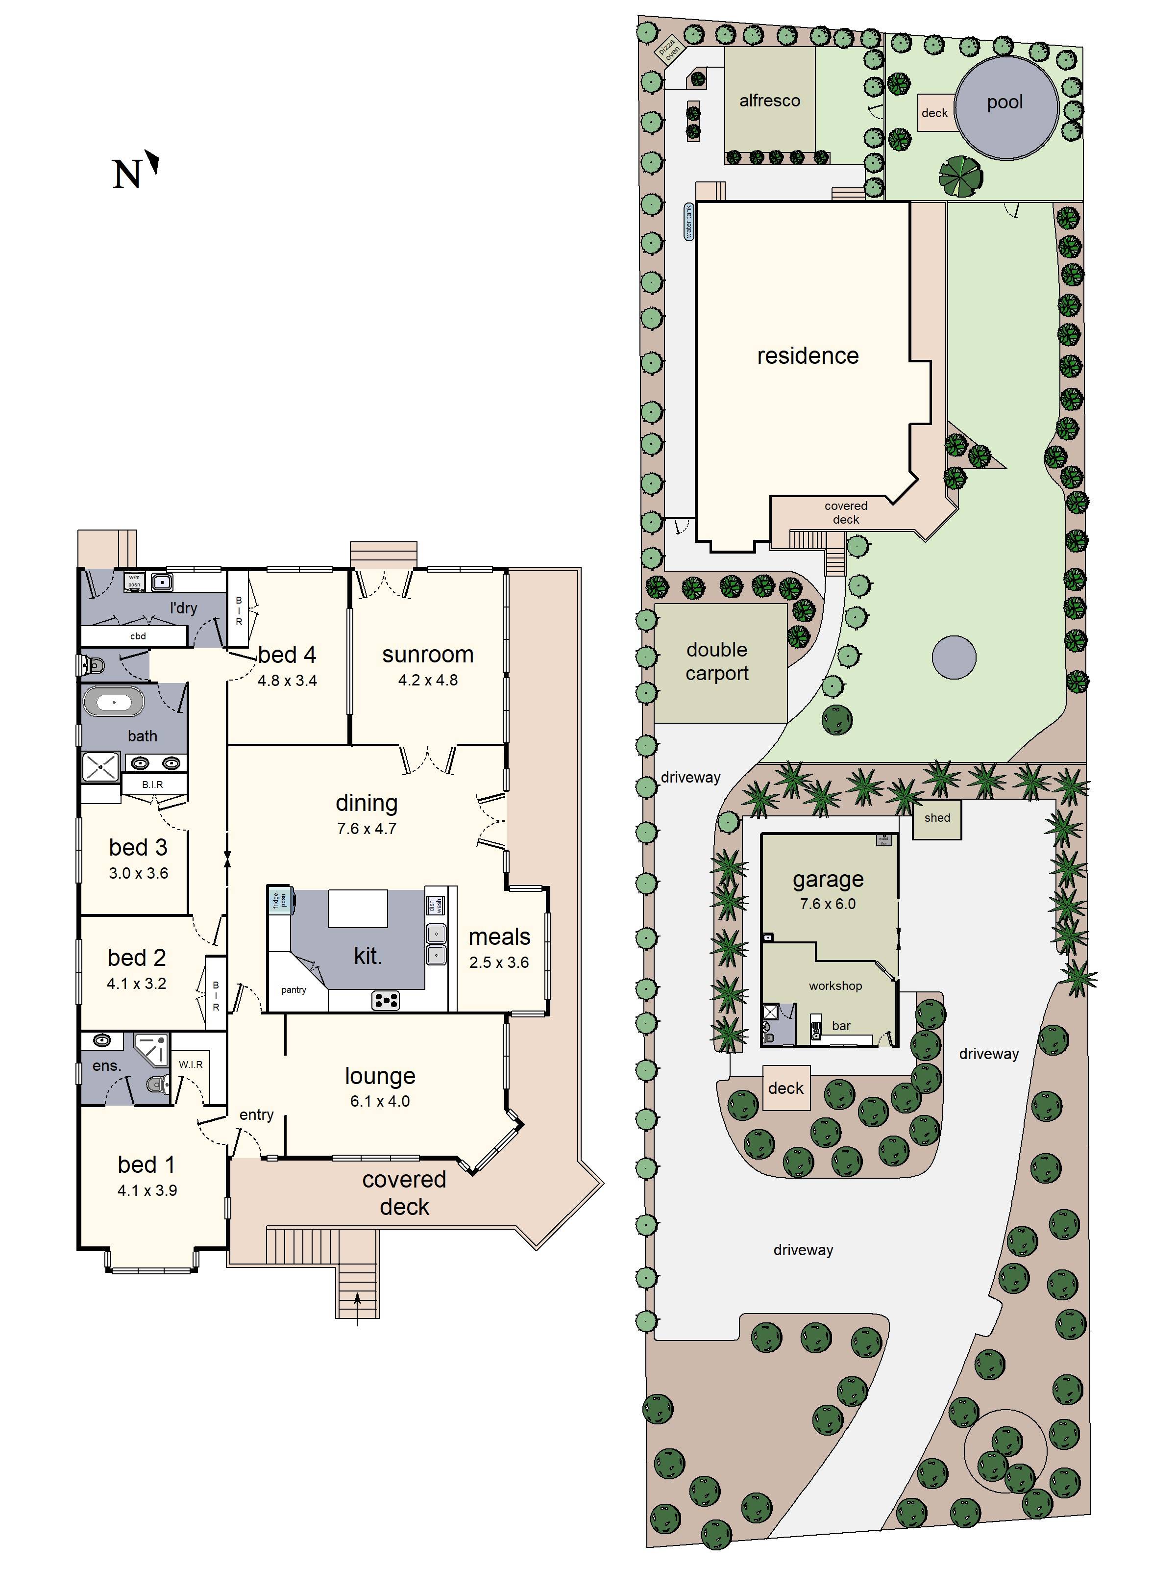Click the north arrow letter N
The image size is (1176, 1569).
tap(126, 175)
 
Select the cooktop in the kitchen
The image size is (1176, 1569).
tap(385, 1000)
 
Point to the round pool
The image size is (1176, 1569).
tap(1006, 108)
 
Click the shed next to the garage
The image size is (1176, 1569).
tap(936, 818)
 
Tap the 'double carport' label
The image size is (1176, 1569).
tap(717, 661)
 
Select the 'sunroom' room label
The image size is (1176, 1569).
tap(427, 654)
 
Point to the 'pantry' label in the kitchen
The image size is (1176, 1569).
tap(294, 989)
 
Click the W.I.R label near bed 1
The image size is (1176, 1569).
tap(191, 1064)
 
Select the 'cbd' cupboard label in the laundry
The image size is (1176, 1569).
tap(138, 635)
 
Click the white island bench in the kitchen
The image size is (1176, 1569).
tap(357, 908)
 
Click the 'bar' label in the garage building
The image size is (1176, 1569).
tap(841, 1026)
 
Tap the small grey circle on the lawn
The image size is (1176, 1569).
tap(954, 657)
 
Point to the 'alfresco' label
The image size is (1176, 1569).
tap(769, 101)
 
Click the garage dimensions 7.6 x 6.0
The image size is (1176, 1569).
tap(827, 904)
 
